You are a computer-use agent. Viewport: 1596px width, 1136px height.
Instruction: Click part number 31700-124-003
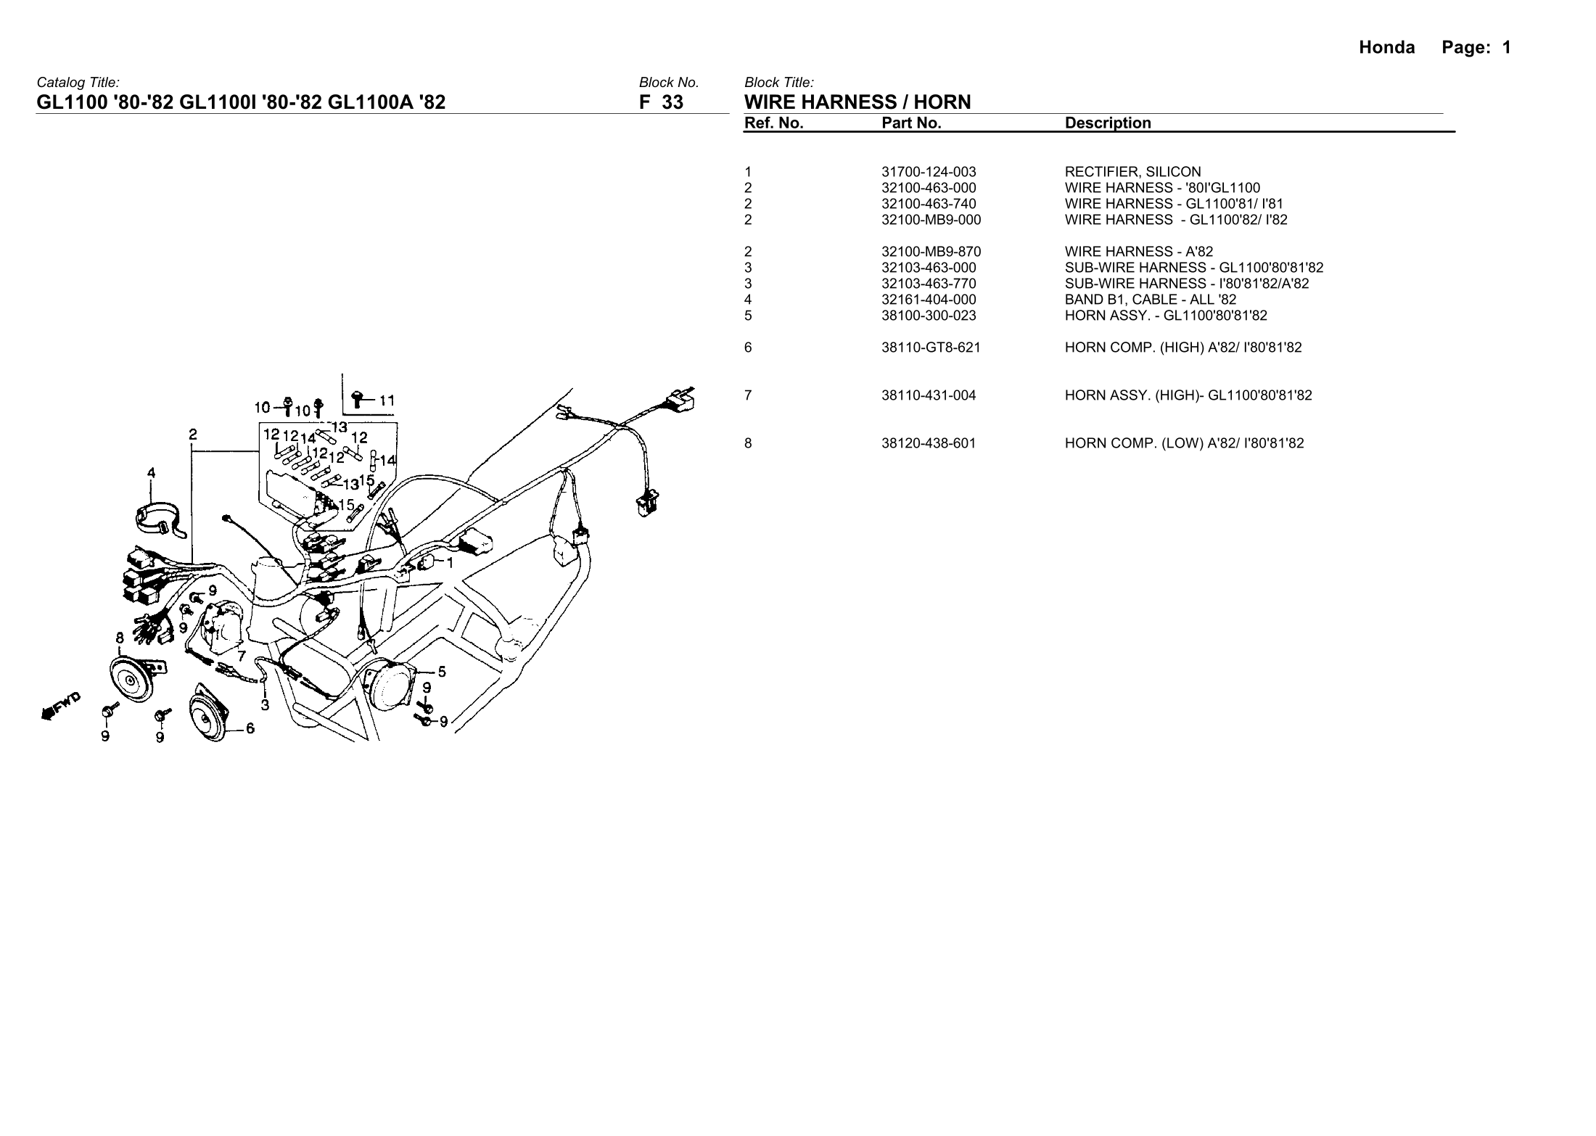click(929, 172)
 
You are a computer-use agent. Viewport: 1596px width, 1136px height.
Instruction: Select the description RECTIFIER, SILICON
click(1132, 172)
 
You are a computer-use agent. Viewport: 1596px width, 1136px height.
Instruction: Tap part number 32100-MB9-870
click(931, 252)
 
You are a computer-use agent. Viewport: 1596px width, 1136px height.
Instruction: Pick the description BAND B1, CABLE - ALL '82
click(1151, 300)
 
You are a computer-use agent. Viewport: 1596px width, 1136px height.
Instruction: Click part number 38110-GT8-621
click(931, 347)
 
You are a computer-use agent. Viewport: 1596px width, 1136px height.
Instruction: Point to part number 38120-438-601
click(929, 443)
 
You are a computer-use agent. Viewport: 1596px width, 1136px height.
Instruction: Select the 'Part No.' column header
click(911, 123)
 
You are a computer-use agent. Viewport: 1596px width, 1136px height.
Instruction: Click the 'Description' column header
click(1108, 123)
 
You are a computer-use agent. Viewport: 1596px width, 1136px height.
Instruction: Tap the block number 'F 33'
click(661, 102)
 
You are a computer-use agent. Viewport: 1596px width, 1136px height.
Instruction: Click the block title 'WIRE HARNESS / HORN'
click(857, 102)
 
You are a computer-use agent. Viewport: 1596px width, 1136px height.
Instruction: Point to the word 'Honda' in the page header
click(1386, 48)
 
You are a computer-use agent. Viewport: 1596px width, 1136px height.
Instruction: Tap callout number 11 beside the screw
click(387, 400)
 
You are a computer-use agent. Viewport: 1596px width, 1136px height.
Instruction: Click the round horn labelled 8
click(131, 678)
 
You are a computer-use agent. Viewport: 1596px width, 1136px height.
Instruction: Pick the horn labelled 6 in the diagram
click(207, 714)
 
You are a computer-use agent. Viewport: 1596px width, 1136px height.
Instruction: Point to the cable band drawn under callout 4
click(155, 516)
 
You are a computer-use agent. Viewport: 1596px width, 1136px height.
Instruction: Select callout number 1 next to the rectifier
click(449, 562)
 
